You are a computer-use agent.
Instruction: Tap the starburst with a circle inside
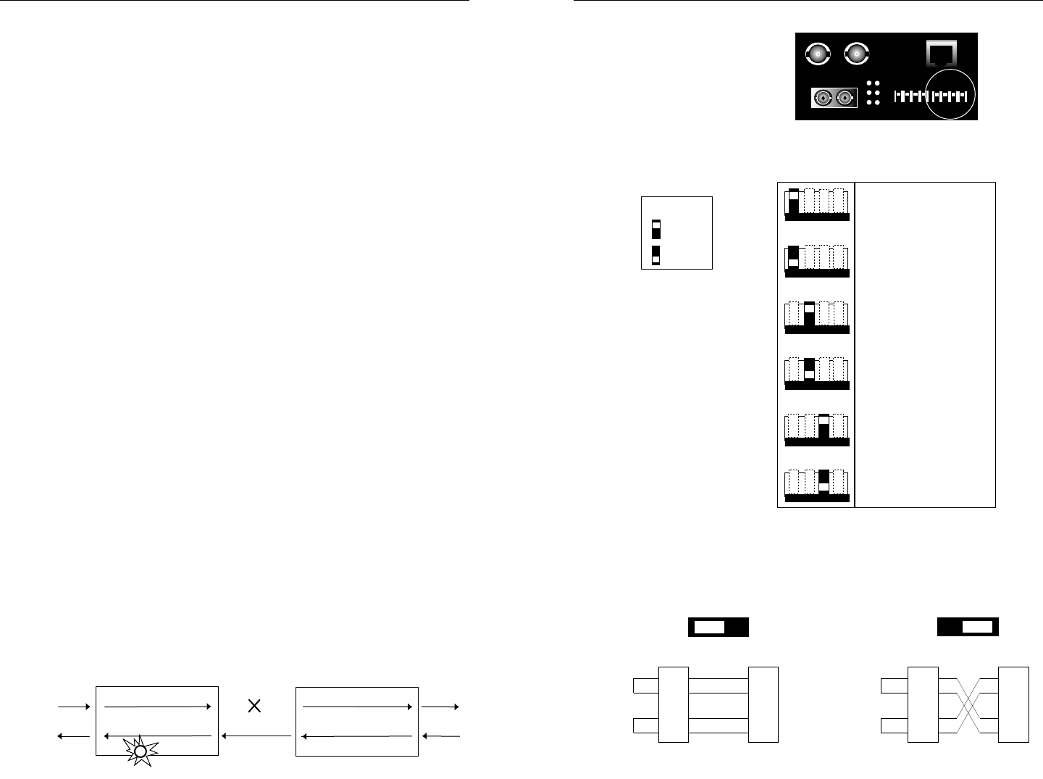pos(141,751)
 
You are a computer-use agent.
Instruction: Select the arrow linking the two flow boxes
pos(257,736)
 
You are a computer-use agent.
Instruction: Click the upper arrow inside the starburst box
pos(158,705)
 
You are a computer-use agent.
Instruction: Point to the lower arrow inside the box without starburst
pos(356,736)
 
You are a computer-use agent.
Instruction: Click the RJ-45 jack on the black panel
pos(942,53)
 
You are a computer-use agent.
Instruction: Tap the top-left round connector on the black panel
pos(818,54)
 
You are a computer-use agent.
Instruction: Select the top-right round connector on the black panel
pos(857,54)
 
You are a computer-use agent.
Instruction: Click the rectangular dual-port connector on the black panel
pos(834,97)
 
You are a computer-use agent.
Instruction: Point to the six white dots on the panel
pos(874,93)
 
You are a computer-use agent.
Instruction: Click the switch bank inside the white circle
pos(950,96)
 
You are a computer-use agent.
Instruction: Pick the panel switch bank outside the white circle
pos(910,96)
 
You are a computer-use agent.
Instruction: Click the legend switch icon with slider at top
pos(655,228)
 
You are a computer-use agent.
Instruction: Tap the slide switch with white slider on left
pos(717,627)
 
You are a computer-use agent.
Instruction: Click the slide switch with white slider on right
pos(968,627)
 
